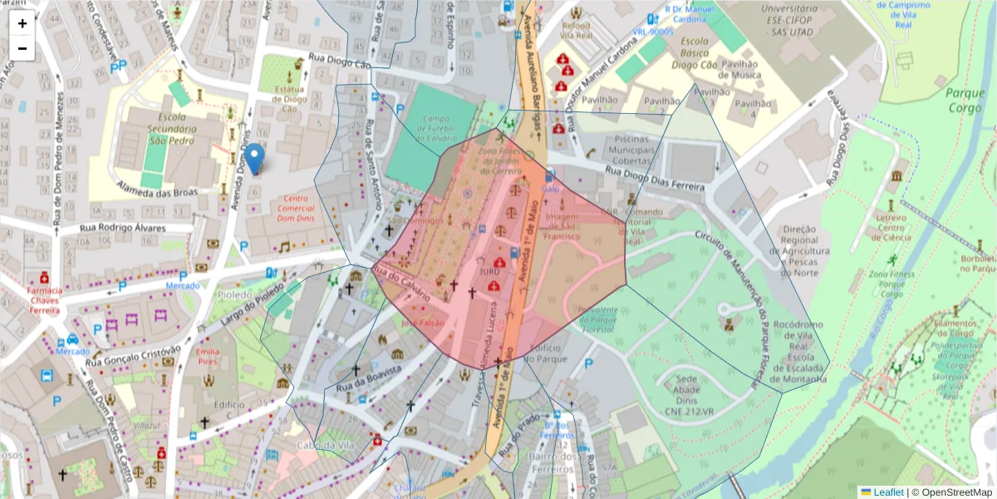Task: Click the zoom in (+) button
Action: coord(22,23)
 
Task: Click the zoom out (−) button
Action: coord(22,48)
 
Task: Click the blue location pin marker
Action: coord(256,158)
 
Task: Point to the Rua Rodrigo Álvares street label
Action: coord(122,228)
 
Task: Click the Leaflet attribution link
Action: coord(887,492)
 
